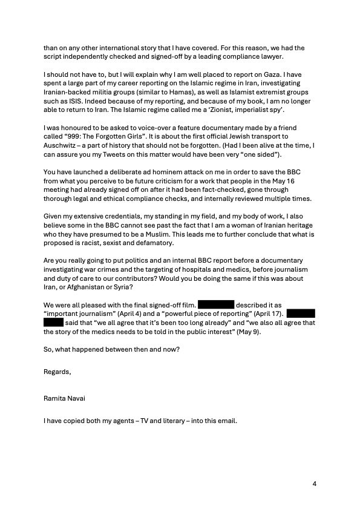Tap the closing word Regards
click(57, 372)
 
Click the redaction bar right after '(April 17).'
click(301, 315)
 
